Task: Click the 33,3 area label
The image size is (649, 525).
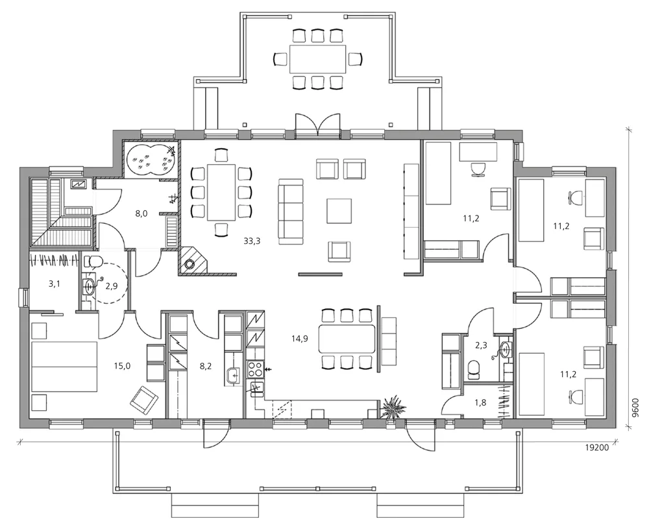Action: pos(252,241)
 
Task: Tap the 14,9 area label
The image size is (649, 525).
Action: pos(299,339)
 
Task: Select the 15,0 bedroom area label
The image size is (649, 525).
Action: pos(122,366)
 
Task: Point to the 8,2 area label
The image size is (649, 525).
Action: pos(206,366)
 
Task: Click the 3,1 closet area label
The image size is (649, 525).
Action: pos(55,284)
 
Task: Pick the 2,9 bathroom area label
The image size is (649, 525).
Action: pos(112,286)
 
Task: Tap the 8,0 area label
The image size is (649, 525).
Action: pos(141,214)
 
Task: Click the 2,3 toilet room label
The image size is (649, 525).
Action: pos(481,345)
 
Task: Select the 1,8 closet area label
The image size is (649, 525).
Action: pos(480,402)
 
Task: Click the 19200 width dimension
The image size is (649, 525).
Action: pos(596,447)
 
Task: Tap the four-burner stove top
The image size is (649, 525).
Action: pos(254,369)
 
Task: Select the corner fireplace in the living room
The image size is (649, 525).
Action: pos(191,261)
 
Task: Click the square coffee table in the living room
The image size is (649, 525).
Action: pos(339,211)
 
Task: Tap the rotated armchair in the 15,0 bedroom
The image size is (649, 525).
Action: pos(144,400)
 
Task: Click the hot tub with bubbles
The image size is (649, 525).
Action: pos(151,160)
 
